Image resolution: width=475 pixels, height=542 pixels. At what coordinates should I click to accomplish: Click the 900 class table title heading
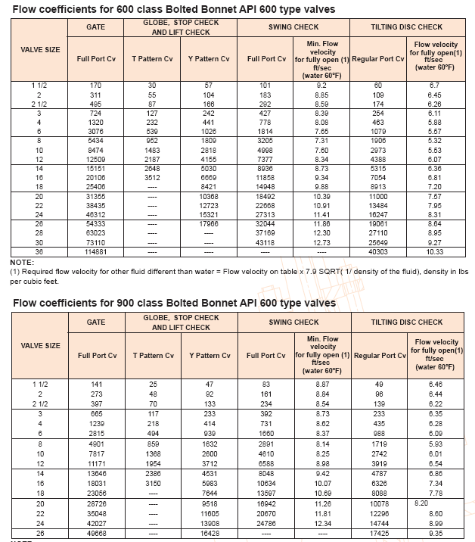tap(174, 304)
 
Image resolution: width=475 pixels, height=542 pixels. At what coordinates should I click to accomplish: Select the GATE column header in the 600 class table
tap(97, 26)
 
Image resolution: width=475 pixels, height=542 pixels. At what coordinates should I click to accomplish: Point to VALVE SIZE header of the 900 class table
tap(41, 346)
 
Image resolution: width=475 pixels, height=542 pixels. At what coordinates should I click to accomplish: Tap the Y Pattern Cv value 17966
tap(209, 224)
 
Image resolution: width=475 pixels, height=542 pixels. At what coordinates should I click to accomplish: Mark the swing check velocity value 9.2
tap(323, 86)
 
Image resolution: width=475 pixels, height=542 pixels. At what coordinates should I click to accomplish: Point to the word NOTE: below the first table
tap(23, 261)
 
